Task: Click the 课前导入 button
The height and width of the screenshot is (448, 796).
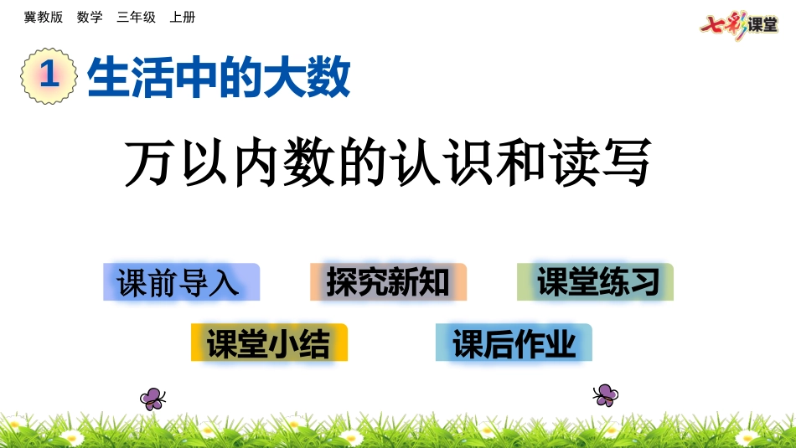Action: [181, 282]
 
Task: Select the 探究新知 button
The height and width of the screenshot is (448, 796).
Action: [388, 282]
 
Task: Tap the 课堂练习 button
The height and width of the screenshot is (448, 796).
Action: [595, 282]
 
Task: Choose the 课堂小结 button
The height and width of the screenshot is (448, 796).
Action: [269, 342]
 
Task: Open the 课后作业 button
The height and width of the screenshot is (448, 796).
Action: [514, 342]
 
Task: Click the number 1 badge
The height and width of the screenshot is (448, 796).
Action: [49, 75]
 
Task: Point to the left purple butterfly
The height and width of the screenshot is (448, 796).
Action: [152, 398]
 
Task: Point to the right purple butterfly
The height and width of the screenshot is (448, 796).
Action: [605, 394]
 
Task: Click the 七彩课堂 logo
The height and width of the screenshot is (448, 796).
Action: [739, 24]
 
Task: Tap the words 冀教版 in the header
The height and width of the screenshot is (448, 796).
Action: [44, 17]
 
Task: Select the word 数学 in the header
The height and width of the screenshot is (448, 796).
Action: [90, 17]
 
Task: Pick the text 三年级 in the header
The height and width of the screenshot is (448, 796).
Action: [136, 17]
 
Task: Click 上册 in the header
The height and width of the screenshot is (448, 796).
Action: [182, 17]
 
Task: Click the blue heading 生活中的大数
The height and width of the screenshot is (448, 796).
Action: [218, 78]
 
